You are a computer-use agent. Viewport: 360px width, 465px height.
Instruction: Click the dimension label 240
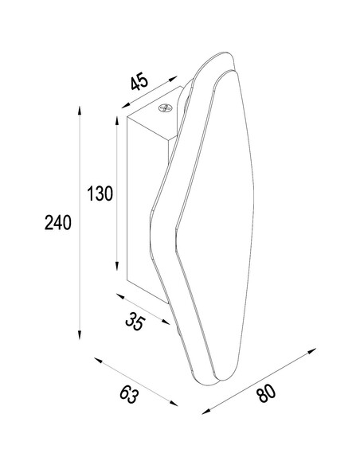tap(58, 222)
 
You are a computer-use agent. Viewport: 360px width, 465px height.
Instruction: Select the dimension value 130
tap(100, 193)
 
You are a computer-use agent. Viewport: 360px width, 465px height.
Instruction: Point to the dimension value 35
tap(135, 322)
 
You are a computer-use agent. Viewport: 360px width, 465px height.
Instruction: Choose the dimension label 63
tap(129, 395)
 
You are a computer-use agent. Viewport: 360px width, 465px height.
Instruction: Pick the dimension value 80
tap(266, 393)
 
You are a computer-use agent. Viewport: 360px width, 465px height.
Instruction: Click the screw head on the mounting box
tap(166, 108)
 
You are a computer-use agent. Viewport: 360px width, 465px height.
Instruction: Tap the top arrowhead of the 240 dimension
tap(79, 110)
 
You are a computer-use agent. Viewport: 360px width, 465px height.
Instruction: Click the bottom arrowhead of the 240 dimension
tap(79, 334)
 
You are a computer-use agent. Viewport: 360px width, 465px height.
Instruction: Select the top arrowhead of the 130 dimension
tap(117, 121)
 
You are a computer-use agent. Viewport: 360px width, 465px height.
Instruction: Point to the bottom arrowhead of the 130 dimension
tap(117, 266)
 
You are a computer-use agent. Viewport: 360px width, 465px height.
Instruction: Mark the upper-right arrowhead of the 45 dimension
tap(173, 78)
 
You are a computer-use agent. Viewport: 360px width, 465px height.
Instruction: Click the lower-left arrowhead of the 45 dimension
tap(126, 105)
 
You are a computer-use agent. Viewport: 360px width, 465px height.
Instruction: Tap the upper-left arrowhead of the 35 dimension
tap(120, 296)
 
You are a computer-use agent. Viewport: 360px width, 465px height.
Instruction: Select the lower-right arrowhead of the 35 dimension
tap(166, 322)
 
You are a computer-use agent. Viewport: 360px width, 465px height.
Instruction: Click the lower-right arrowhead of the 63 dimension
tap(174, 403)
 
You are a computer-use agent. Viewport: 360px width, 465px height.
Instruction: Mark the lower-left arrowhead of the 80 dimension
tap(206, 412)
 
